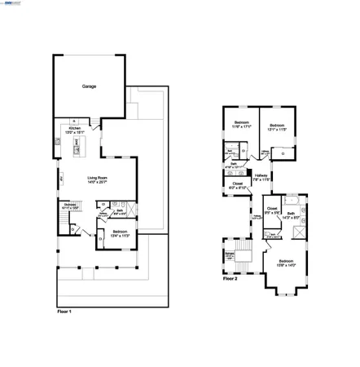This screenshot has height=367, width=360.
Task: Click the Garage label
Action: (x=89, y=86)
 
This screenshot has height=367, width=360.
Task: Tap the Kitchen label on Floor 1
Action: (x=74, y=129)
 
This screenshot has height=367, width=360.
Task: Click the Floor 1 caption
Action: (x=64, y=312)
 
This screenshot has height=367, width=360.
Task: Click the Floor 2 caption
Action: (x=231, y=278)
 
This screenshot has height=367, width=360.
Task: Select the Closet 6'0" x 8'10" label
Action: (x=237, y=184)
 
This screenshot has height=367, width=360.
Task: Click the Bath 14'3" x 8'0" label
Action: (x=292, y=214)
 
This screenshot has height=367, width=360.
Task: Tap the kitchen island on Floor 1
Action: (x=77, y=143)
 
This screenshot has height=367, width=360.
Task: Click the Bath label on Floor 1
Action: (x=120, y=211)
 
